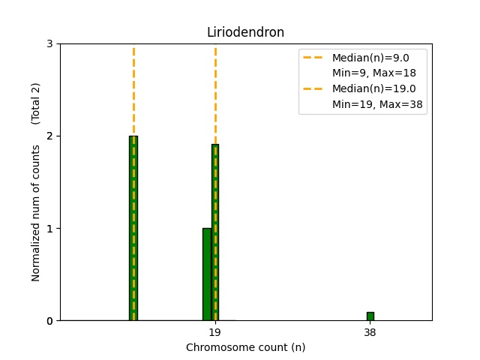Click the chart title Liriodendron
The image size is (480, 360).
coord(245,32)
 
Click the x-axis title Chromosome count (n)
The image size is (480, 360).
coord(245,347)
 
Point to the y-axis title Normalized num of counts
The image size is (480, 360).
coord(36,213)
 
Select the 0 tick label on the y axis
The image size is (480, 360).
coord(49,321)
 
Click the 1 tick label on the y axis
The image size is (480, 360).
coord(49,229)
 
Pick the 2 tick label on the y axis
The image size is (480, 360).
coord(49,136)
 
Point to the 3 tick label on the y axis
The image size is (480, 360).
coord(49,44)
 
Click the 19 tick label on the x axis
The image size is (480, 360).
coord(214,332)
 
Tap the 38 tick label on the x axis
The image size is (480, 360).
coord(370,332)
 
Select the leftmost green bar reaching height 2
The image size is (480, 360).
coord(133,228)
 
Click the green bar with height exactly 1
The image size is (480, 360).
coord(206,274)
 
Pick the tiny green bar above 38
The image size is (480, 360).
coord(370,316)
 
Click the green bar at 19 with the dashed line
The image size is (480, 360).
coord(215,232)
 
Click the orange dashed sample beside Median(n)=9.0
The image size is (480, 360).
coord(315,58)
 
